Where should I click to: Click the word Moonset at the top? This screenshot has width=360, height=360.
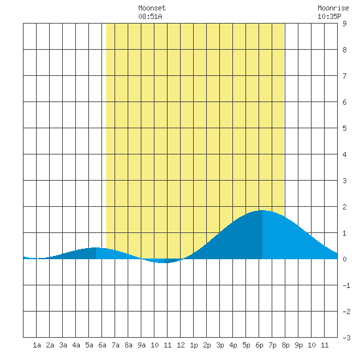[x=152, y=8]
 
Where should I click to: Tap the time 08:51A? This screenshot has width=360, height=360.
[x=150, y=16]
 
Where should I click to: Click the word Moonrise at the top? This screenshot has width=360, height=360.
[x=333, y=8]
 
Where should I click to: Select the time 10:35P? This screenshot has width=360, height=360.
[x=329, y=16]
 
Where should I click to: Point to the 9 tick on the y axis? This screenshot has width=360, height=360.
[x=344, y=24]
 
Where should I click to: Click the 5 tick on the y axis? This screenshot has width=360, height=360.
[x=344, y=128]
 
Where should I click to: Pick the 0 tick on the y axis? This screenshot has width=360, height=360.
[x=344, y=259]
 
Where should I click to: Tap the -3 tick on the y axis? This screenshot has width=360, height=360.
[x=346, y=338]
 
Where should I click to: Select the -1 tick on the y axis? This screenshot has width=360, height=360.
[x=346, y=285]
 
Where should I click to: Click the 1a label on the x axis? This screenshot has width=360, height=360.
[x=37, y=345]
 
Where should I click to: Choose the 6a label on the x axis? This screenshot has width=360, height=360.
[x=102, y=345]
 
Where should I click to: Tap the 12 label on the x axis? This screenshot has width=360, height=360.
[x=181, y=345]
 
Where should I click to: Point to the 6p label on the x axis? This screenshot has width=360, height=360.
[x=259, y=345]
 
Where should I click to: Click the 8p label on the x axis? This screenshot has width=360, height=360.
[x=285, y=345]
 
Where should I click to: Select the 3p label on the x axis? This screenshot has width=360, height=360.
[x=220, y=345]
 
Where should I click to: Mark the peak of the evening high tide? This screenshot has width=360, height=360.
[x=262, y=210]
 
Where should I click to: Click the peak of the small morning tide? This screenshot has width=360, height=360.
[x=96, y=247]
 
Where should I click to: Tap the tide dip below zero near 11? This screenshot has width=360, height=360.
[x=162, y=263]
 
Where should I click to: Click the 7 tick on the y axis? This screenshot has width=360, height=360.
[x=344, y=76]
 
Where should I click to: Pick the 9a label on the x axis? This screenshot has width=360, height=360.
[x=141, y=345]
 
